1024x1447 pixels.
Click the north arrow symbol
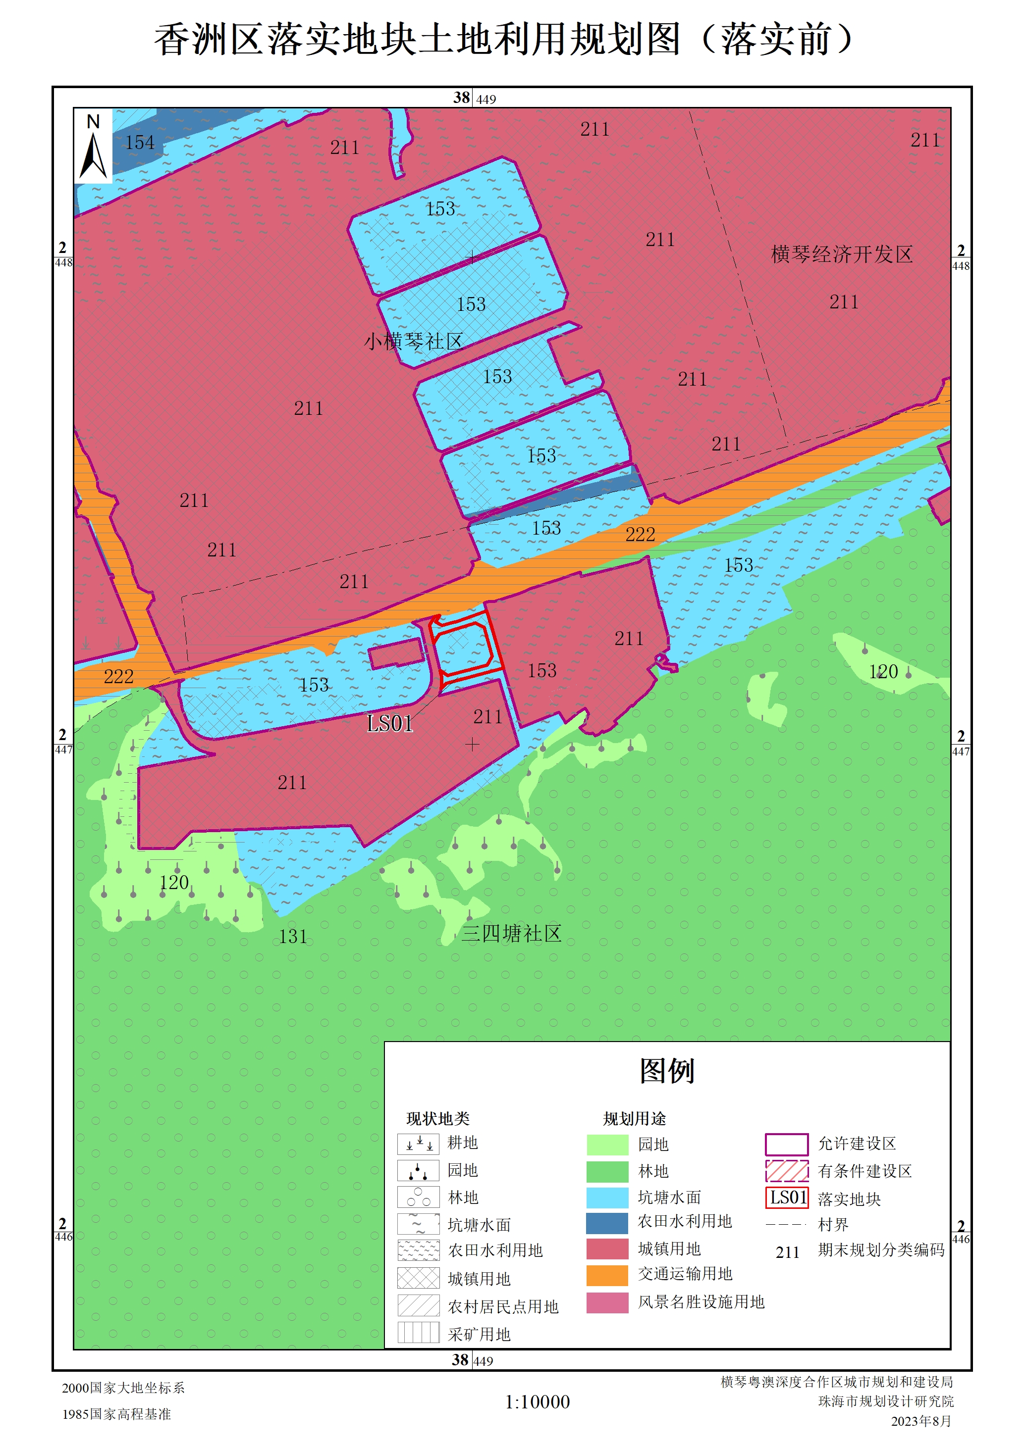click(93, 149)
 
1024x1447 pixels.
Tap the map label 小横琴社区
click(414, 342)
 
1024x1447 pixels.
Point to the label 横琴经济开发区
click(842, 254)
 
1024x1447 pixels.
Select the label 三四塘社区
click(511, 933)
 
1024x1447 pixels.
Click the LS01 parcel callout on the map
click(390, 724)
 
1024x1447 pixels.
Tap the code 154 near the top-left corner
click(139, 143)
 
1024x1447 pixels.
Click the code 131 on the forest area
click(293, 937)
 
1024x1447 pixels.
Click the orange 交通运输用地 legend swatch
click(607, 1275)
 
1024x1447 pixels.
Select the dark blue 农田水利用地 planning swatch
click(607, 1223)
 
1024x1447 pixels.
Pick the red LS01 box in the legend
click(787, 1198)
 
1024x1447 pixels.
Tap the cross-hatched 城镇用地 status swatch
click(418, 1278)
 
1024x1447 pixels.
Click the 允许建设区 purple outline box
click(787, 1144)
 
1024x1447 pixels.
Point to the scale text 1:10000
click(537, 1401)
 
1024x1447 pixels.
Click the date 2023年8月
click(920, 1421)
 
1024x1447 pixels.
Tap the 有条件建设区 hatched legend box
click(787, 1171)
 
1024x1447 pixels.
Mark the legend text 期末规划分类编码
click(881, 1250)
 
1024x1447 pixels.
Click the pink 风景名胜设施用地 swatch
click(607, 1302)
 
